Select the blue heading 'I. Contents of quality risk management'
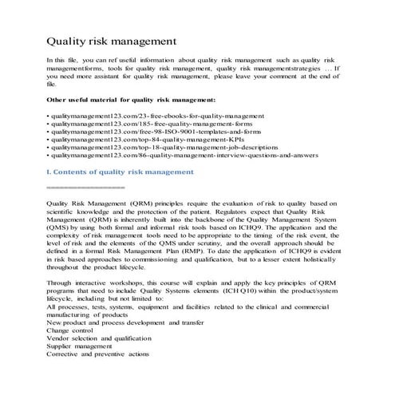click(x=120, y=171)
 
